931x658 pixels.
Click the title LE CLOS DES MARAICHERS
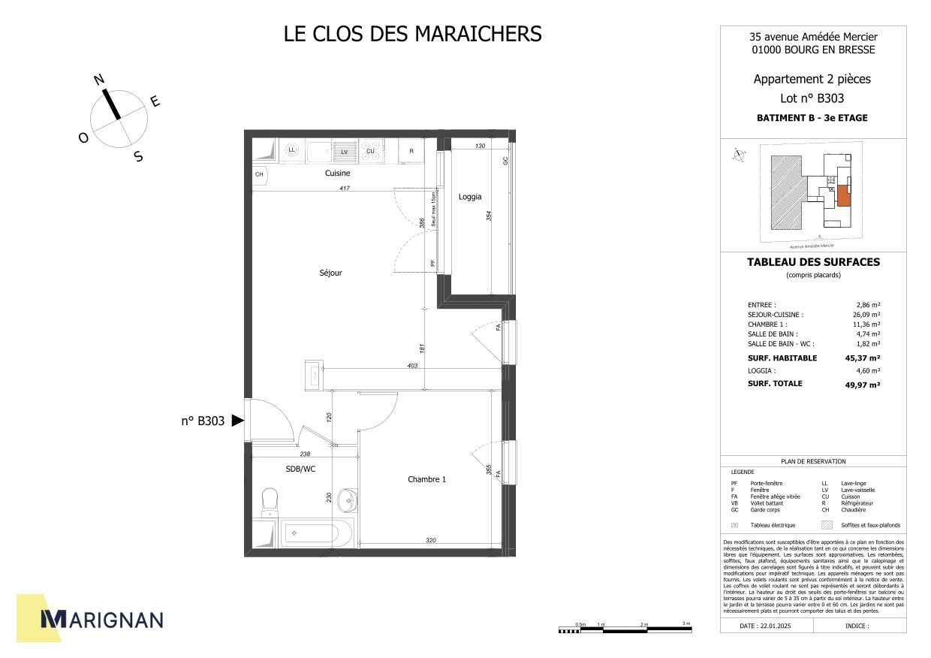pyautogui.click(x=412, y=34)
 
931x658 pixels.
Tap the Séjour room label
pyautogui.click(x=330, y=273)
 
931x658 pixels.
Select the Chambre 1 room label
pyautogui.click(x=426, y=479)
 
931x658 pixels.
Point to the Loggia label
pyautogui.click(x=470, y=197)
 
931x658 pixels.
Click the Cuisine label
pyautogui.click(x=337, y=174)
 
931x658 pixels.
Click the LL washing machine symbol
pyautogui.click(x=292, y=150)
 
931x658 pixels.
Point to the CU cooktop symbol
pyautogui.click(x=371, y=151)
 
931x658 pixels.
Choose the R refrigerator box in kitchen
pyautogui.click(x=411, y=151)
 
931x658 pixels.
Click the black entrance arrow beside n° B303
pyautogui.click(x=237, y=421)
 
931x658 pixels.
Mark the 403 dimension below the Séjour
pyautogui.click(x=412, y=366)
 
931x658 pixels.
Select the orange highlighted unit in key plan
pyautogui.click(x=843, y=196)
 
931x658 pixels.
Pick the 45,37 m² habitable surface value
pyautogui.click(x=862, y=358)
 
